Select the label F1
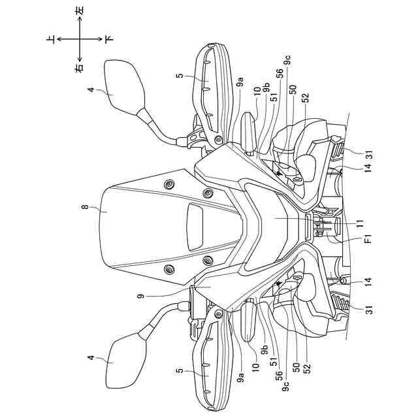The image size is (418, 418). (x=368, y=240)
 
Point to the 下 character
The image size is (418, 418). (x=108, y=40)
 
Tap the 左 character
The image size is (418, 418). (x=80, y=11)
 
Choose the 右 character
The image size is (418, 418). (x=80, y=68)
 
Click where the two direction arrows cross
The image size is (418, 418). (x=80, y=40)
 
